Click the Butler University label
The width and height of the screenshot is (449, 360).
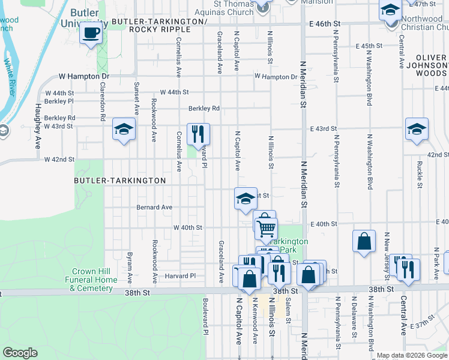click(x=84, y=18)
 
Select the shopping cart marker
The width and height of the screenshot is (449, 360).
click(x=266, y=228)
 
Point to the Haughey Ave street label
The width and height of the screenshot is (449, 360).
click(x=37, y=134)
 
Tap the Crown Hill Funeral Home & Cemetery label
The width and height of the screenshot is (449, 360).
click(x=91, y=280)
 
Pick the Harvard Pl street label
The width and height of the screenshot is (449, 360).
click(x=181, y=276)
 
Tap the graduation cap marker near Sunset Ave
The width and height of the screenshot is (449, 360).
click(x=124, y=129)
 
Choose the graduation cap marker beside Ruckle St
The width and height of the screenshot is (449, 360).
click(x=417, y=129)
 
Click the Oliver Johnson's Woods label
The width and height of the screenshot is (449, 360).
click(x=427, y=65)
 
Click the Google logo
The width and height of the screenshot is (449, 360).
click(x=20, y=353)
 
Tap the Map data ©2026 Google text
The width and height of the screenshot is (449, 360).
click(x=412, y=355)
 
